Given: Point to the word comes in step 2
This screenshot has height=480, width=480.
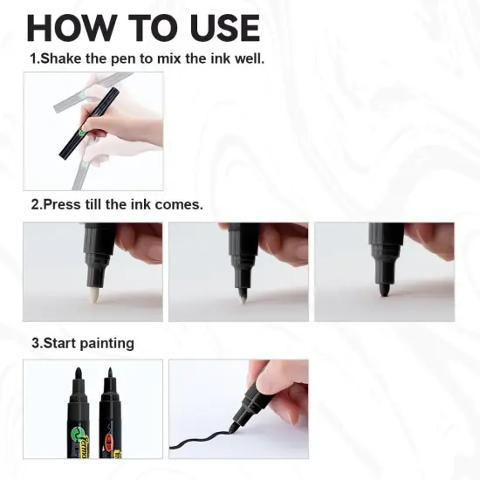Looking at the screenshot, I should pos(181,205).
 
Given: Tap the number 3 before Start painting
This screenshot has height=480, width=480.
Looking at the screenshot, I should pos(35,343).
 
